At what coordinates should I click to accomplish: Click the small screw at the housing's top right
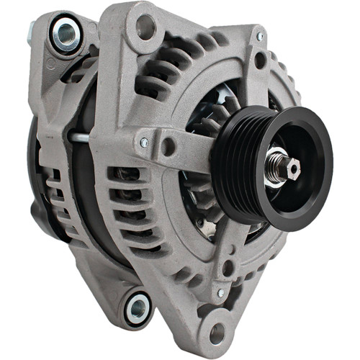pyautogui.click(x=260, y=37)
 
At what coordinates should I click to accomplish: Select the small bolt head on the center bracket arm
pyautogui.click(x=145, y=142)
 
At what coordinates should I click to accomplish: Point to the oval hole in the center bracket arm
pyautogui.click(x=168, y=146)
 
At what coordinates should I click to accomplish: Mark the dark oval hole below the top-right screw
pyautogui.click(x=258, y=60)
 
